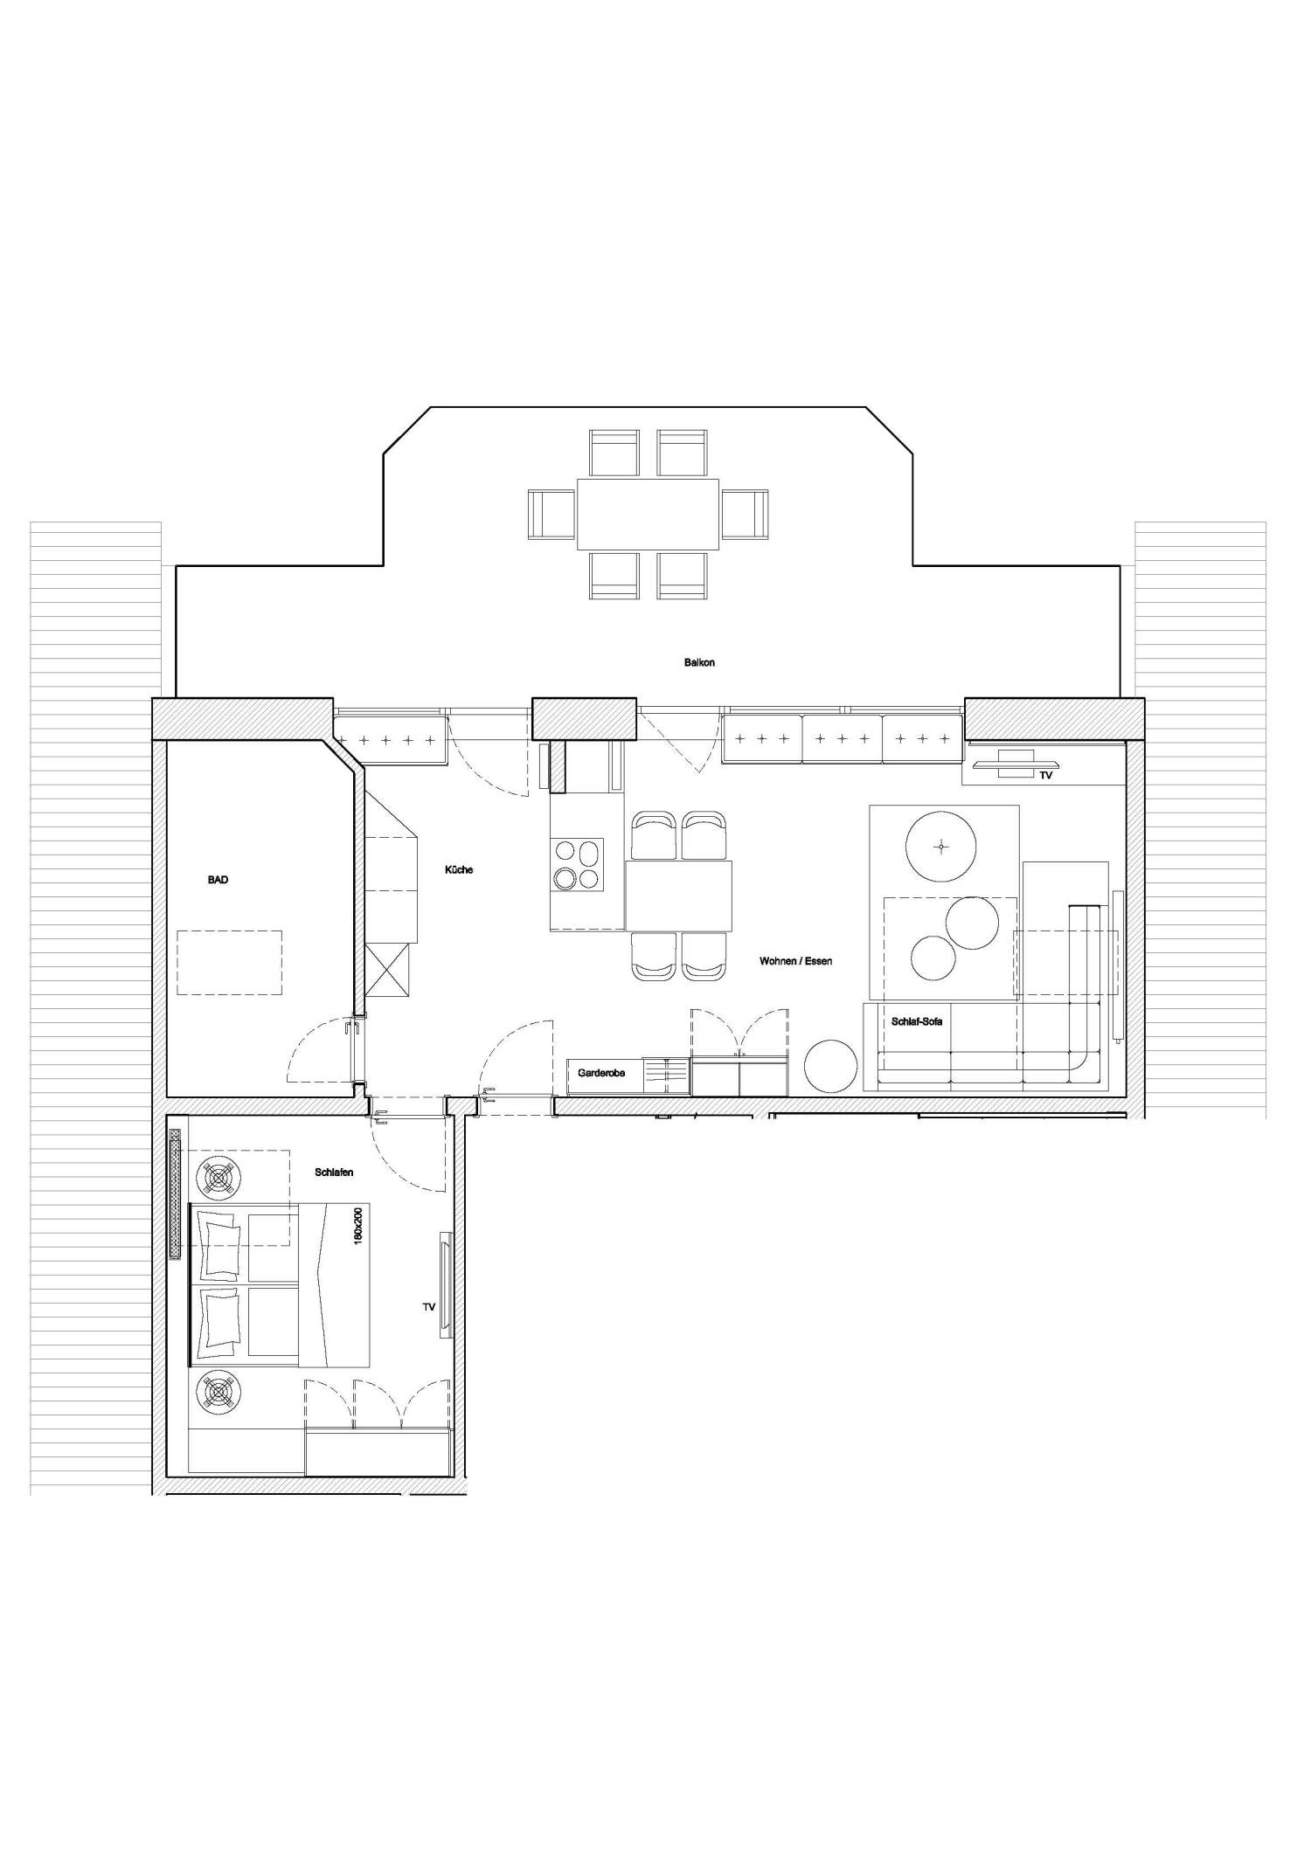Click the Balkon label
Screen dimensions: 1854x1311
(x=699, y=662)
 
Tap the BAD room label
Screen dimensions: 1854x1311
(x=218, y=880)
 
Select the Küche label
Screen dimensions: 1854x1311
(x=459, y=869)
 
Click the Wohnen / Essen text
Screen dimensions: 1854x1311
(x=795, y=961)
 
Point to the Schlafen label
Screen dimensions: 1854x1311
(x=334, y=1173)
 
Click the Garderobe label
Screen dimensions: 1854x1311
(x=601, y=1073)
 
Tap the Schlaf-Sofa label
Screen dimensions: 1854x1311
(x=917, y=1021)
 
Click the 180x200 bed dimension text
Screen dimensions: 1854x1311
(x=357, y=1227)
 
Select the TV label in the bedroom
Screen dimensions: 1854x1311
(x=428, y=1307)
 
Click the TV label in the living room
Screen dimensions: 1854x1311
(x=1045, y=775)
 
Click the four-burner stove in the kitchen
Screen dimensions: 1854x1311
(x=576, y=864)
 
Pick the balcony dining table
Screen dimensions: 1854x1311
(x=647, y=514)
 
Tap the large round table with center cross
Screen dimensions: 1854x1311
(x=940, y=846)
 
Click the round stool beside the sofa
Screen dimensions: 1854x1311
(x=830, y=1066)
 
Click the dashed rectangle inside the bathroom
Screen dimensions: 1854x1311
(x=229, y=962)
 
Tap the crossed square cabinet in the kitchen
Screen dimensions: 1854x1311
(x=386, y=970)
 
